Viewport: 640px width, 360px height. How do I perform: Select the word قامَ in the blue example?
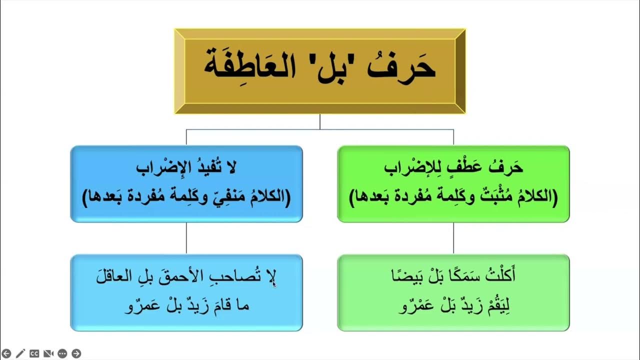pyautogui.click(x=220, y=306)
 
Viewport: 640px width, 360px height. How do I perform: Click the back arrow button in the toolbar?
pyautogui.click(x=6, y=353)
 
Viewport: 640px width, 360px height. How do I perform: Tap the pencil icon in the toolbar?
pyautogui.click(x=20, y=353)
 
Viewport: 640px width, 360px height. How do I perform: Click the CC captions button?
pyautogui.click(x=34, y=353)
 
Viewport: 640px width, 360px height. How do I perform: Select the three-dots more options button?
pyautogui.click(x=62, y=353)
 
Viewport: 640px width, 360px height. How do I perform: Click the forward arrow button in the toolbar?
pyautogui.click(x=76, y=353)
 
